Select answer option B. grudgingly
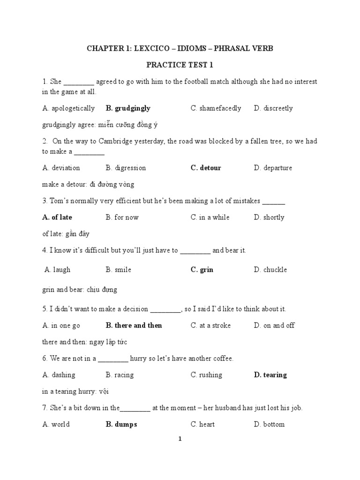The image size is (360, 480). (x=128, y=108)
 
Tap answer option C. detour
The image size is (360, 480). (x=206, y=168)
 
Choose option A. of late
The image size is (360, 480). (x=57, y=217)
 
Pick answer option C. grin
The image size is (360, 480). (x=202, y=270)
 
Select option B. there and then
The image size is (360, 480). (x=134, y=325)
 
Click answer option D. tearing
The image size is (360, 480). (x=270, y=375)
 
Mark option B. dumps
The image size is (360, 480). (x=121, y=424)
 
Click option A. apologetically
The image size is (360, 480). (x=68, y=108)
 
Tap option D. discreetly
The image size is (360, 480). (x=273, y=108)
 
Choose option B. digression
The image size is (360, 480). (x=126, y=168)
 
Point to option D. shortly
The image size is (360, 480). (x=269, y=217)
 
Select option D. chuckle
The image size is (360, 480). (x=270, y=270)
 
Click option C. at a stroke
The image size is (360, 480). (x=210, y=325)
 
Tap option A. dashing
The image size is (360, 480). (x=59, y=375)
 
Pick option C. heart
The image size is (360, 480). (x=202, y=424)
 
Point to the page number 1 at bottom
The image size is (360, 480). (x=180, y=439)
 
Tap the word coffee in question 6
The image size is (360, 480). (x=222, y=359)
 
